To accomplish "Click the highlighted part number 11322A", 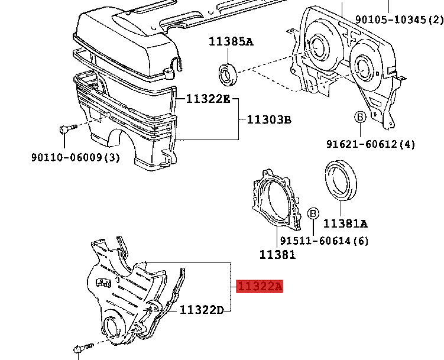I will click(x=260, y=287).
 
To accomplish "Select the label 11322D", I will click(x=202, y=310).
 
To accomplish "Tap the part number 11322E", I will click(x=208, y=99).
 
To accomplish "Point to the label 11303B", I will click(x=269, y=120).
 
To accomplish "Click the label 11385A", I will click(x=230, y=41).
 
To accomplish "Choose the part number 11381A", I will click(x=345, y=223).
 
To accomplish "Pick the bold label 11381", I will click(x=277, y=255).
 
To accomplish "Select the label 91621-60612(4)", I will click(x=371, y=144).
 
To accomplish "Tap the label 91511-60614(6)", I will click(x=324, y=241).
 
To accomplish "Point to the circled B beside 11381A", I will click(x=313, y=213).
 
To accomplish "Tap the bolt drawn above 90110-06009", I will click(x=68, y=130).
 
